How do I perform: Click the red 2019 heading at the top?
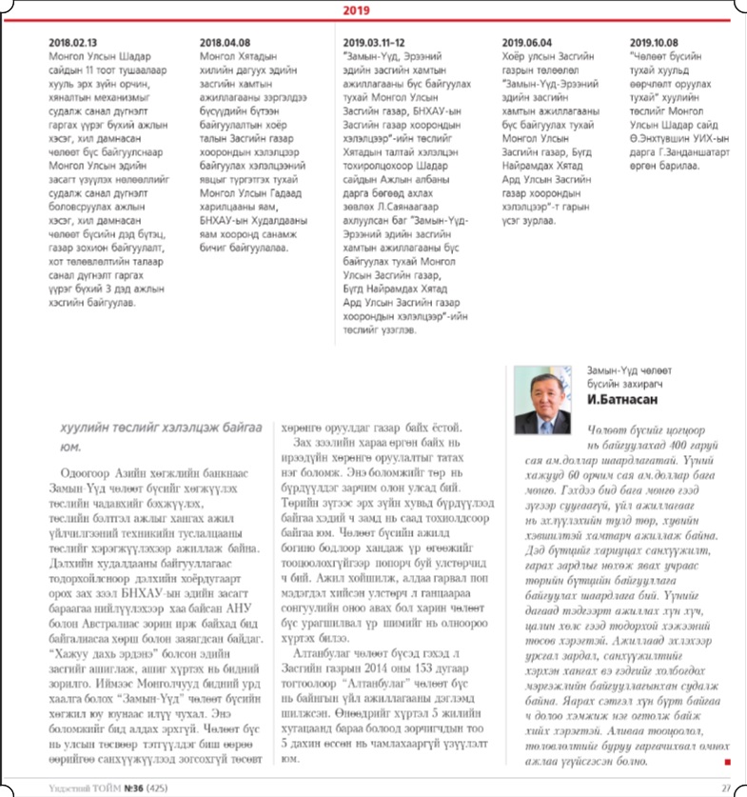[373, 10]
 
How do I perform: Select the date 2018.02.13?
[71, 43]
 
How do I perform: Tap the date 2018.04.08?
[225, 43]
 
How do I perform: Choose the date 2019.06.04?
[526, 43]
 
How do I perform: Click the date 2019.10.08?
[654, 43]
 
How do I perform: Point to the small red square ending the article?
[726, 762]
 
